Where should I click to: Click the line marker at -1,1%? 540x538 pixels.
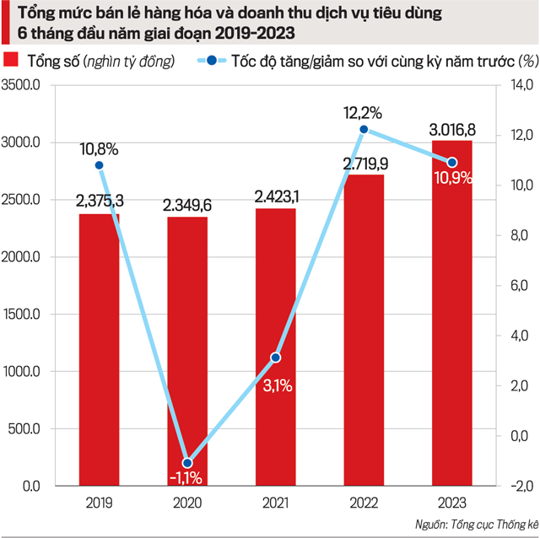point(187,463)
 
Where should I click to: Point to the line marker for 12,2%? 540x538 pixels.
point(364,129)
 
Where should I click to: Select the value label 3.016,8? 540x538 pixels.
point(451,129)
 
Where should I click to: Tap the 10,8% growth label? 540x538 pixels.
point(99,148)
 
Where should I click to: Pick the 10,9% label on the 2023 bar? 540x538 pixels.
point(451,179)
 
